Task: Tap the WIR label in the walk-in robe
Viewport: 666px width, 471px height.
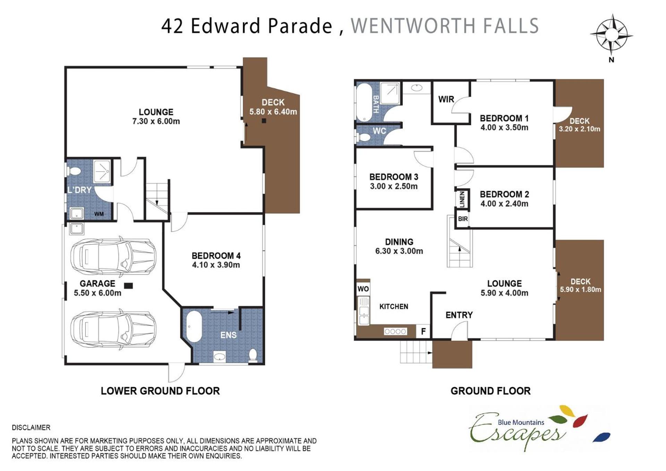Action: (x=446, y=100)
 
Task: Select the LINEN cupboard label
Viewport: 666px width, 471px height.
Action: (x=462, y=199)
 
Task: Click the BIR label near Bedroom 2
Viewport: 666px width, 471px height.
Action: (x=463, y=219)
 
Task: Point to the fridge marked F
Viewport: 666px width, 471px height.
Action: (x=423, y=331)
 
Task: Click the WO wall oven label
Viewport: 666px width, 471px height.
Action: (x=363, y=289)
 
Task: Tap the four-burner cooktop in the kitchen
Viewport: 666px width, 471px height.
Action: (x=395, y=332)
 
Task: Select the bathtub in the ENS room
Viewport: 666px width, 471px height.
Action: (x=194, y=327)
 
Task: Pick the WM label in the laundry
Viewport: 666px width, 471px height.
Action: (x=99, y=214)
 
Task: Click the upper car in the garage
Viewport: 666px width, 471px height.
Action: (x=113, y=257)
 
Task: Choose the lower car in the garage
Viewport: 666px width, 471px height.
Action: (x=113, y=329)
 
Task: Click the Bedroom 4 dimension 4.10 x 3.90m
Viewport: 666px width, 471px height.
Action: (x=216, y=265)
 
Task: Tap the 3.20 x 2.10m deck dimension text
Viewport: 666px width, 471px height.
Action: (x=579, y=129)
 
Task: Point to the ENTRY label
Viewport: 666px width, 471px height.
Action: (x=459, y=315)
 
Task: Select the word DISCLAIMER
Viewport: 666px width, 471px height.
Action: (x=31, y=428)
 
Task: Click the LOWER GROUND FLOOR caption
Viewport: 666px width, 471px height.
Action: (x=160, y=391)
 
